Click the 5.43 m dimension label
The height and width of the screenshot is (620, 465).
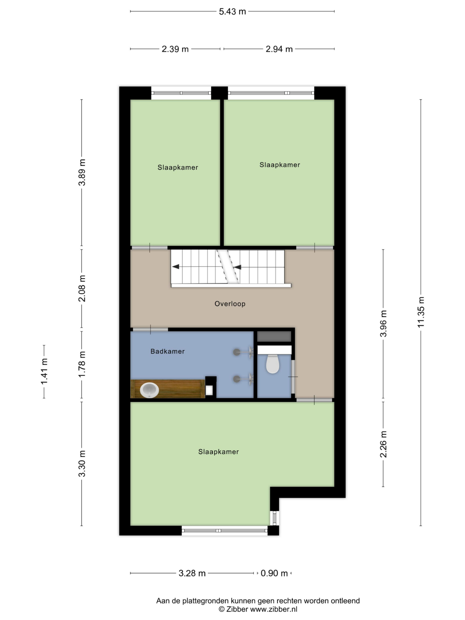(x=232, y=11)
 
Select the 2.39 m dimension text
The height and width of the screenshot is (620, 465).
(x=175, y=49)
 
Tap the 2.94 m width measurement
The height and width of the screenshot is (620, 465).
(x=279, y=49)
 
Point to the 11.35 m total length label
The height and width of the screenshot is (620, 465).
(x=421, y=312)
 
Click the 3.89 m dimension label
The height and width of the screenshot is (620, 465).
(x=82, y=172)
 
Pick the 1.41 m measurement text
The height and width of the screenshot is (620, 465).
(x=44, y=371)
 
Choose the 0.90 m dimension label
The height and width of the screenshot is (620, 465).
(x=274, y=573)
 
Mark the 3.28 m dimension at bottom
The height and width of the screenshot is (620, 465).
(x=192, y=573)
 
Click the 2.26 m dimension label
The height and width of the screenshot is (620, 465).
(x=383, y=444)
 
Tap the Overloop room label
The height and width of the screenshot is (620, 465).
(x=230, y=304)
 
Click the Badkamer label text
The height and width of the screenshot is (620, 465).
(x=168, y=351)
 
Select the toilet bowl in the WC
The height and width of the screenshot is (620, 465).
(x=273, y=364)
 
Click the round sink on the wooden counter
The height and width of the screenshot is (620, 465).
(x=149, y=390)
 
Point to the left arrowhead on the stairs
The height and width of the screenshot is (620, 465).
(x=176, y=267)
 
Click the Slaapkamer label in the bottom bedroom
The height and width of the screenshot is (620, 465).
(x=218, y=452)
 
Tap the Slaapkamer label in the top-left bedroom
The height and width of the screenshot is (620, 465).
(x=178, y=167)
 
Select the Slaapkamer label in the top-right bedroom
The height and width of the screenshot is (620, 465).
(x=280, y=165)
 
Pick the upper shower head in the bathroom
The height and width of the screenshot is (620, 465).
(x=237, y=352)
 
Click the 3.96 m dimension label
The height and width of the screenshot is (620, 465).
(x=383, y=323)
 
